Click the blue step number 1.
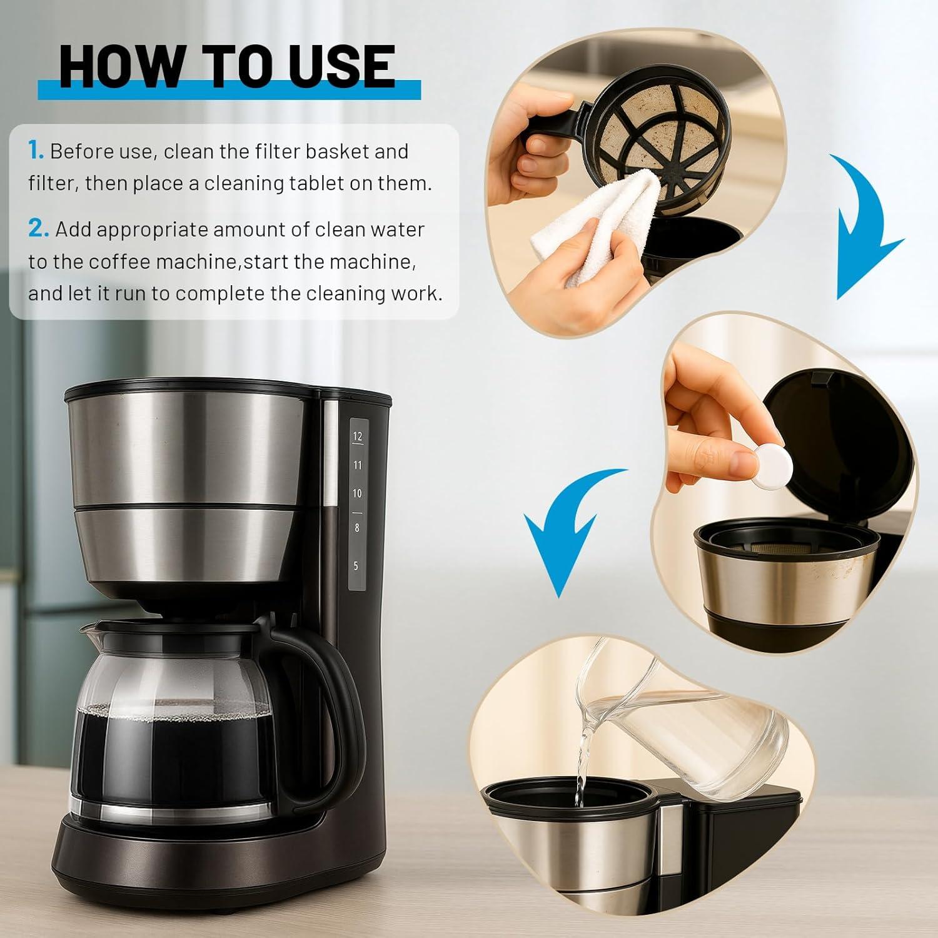(36, 151)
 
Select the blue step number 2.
(38, 229)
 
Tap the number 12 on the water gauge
(357, 436)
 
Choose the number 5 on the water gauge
(356, 566)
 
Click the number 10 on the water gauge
(356, 493)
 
